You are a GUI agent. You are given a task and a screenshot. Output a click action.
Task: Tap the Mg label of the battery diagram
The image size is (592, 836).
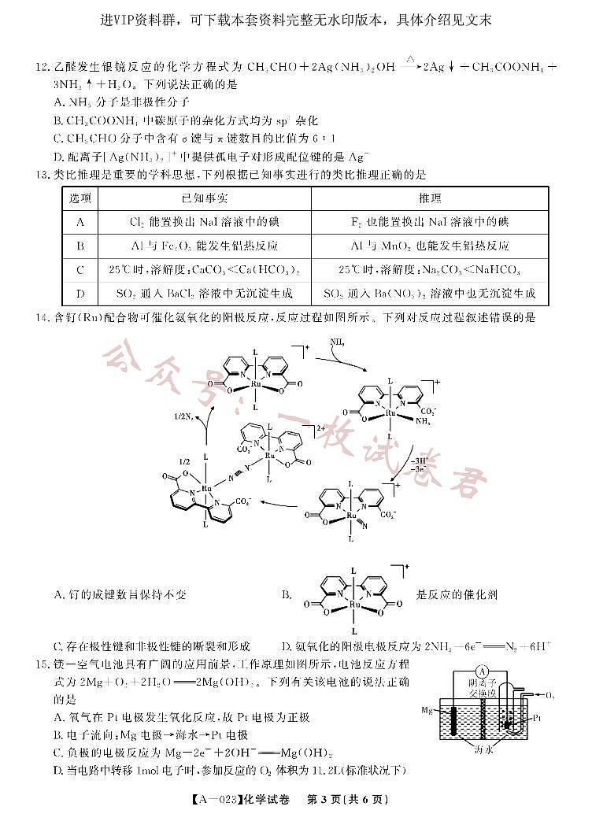[x=427, y=710]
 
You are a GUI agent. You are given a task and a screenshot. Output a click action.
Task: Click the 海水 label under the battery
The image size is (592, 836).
[x=484, y=750]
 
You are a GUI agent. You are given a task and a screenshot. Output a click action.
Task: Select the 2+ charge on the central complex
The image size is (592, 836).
[x=320, y=429]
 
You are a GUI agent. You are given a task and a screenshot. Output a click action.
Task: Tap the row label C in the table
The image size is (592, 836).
[x=80, y=270]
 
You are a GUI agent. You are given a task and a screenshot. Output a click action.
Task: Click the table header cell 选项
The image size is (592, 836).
[x=80, y=198]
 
